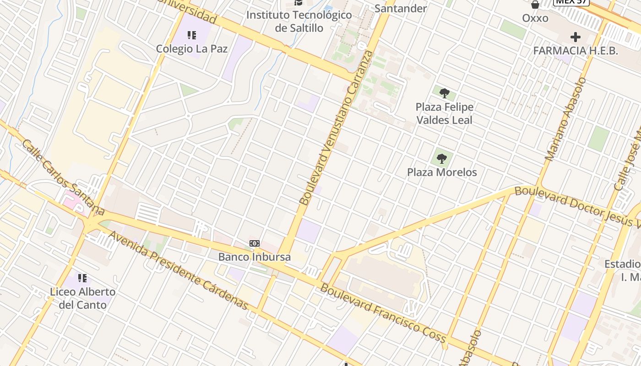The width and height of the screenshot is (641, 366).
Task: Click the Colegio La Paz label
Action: pos(191,48)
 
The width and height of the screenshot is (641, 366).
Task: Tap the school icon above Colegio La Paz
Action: pos(192,35)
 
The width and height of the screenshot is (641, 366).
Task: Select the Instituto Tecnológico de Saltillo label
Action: pos(299,21)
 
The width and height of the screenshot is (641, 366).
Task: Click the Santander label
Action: pos(400,8)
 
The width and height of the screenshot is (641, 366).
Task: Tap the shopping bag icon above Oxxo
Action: pos(535,5)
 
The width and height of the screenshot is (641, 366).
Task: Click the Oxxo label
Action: pos(535,18)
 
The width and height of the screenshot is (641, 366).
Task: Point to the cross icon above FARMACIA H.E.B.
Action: pos(576,37)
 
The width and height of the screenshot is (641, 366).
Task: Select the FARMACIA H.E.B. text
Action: pos(576,51)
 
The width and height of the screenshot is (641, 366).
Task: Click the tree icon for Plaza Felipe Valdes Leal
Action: pos(444,94)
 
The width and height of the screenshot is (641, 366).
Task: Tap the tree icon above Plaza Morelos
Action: pos(442,159)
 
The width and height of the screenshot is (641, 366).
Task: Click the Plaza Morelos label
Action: pos(442,172)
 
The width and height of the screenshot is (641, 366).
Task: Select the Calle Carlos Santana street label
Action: pos(63,177)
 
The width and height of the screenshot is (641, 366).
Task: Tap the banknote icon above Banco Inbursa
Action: pos(255,243)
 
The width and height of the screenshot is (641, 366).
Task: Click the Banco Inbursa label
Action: pos(254,257)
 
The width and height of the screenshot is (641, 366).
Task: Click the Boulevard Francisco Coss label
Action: pos(383,313)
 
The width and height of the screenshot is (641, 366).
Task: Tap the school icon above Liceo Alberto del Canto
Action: pos(82,278)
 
